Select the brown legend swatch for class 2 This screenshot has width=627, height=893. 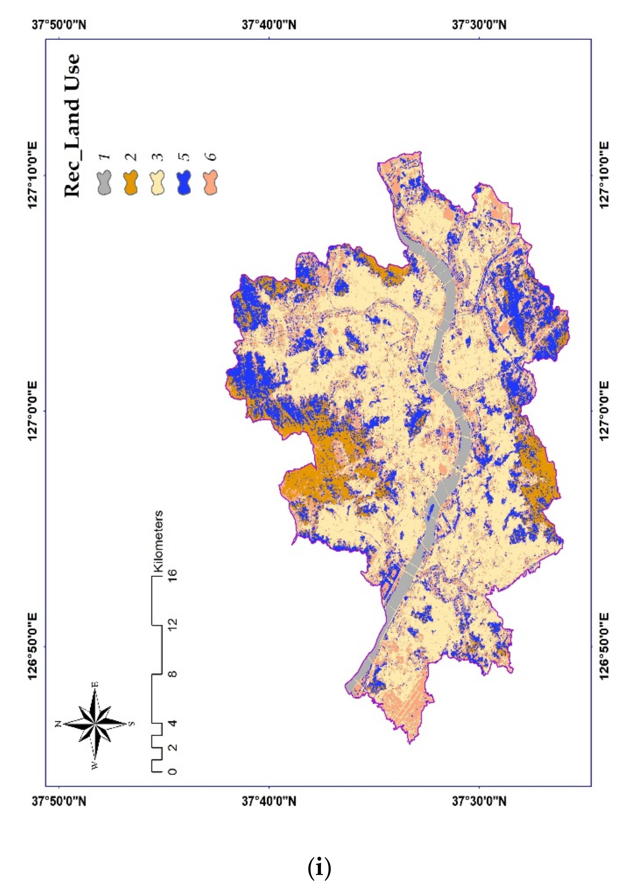pos(131,183)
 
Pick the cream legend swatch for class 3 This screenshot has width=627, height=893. pos(157,183)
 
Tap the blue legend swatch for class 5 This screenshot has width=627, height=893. pos(184,183)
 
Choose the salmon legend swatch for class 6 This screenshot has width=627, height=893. pos(210,183)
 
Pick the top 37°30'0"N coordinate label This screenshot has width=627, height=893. pos(479,25)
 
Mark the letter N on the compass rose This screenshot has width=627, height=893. pos(58,724)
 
